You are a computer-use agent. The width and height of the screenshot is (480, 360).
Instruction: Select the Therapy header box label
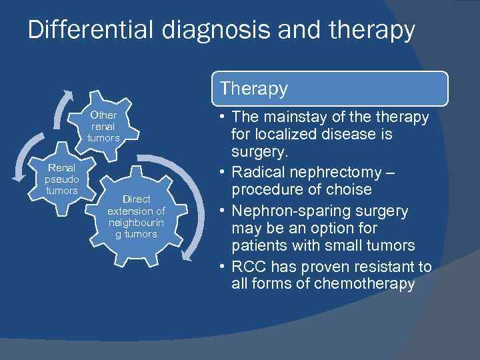pyautogui.click(x=254, y=89)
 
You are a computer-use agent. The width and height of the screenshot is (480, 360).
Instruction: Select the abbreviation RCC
pyautogui.click(x=246, y=267)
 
